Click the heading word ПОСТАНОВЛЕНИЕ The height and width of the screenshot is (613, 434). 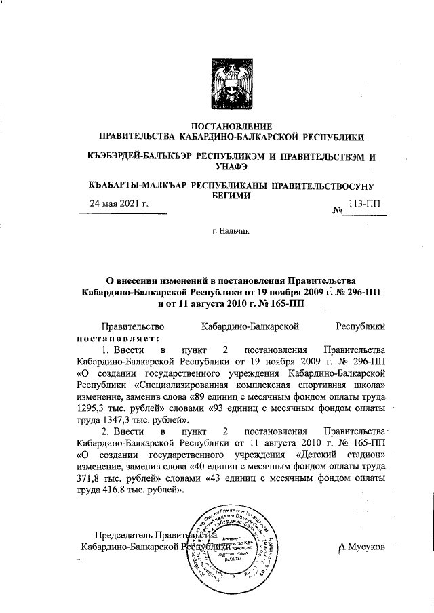pyautogui.click(x=232, y=126)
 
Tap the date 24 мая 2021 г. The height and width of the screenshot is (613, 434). pyautogui.click(x=121, y=203)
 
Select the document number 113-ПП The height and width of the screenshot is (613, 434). pyautogui.click(x=365, y=203)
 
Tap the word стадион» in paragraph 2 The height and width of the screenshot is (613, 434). pyautogui.click(x=365, y=455)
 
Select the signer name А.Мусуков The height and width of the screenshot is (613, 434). pyautogui.click(x=364, y=546)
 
